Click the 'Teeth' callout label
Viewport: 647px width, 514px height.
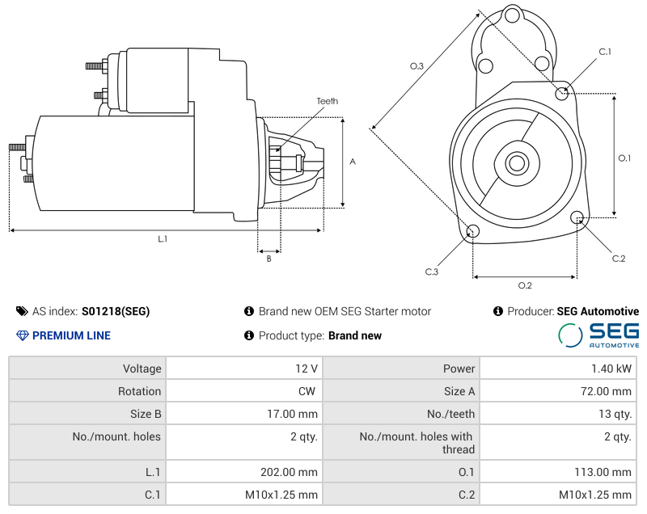coord(328,101)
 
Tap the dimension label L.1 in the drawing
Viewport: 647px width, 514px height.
coord(163,239)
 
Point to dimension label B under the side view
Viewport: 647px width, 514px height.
coord(269,259)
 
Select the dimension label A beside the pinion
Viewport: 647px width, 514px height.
coord(353,162)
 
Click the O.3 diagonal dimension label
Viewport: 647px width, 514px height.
coord(417,66)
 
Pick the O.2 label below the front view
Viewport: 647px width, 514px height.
coord(525,285)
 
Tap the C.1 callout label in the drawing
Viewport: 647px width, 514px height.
coord(605,52)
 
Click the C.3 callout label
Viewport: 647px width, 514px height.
coord(432,272)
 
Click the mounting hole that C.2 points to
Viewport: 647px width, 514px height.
coord(577,217)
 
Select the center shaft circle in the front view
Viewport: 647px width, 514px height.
coord(517,163)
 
